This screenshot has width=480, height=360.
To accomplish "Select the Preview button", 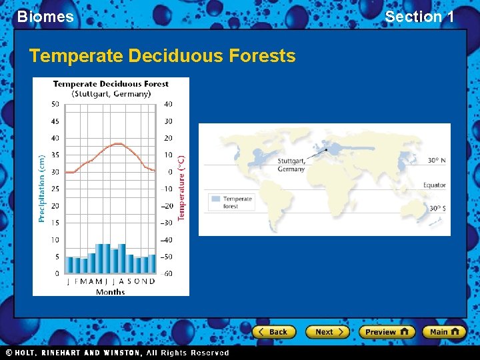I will pyautogui.click(x=387, y=331).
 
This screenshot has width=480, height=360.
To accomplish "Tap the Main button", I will pyautogui.click(x=444, y=331).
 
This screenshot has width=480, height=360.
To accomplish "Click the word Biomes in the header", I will pyautogui.click(x=45, y=17).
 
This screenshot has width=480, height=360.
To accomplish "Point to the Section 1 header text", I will pyautogui.click(x=419, y=17).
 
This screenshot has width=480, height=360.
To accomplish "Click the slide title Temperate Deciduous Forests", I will pyautogui.click(x=162, y=56).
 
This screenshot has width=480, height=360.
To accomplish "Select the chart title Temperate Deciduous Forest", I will pyautogui.click(x=111, y=84).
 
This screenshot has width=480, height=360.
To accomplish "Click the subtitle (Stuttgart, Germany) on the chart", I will pyautogui.click(x=111, y=94).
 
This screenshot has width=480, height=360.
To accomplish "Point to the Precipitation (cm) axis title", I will pyautogui.click(x=41, y=189).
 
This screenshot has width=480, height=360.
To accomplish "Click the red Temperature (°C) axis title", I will pyautogui.click(x=181, y=189).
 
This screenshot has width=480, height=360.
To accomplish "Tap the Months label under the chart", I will pyautogui.click(x=111, y=292).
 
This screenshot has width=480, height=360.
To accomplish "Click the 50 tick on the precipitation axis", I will pyautogui.click(x=55, y=104).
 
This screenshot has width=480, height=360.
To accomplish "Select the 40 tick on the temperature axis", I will pyautogui.click(x=168, y=104).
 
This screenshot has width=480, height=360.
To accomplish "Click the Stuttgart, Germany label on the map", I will pyautogui.click(x=291, y=165).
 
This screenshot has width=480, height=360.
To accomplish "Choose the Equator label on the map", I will pyautogui.click(x=434, y=185).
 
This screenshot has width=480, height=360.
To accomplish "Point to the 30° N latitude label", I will pyautogui.click(x=437, y=160).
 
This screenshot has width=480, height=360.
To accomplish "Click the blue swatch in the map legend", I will pyautogui.click(x=215, y=199).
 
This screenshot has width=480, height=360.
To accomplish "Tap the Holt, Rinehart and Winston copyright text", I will pyautogui.click(x=117, y=353).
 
